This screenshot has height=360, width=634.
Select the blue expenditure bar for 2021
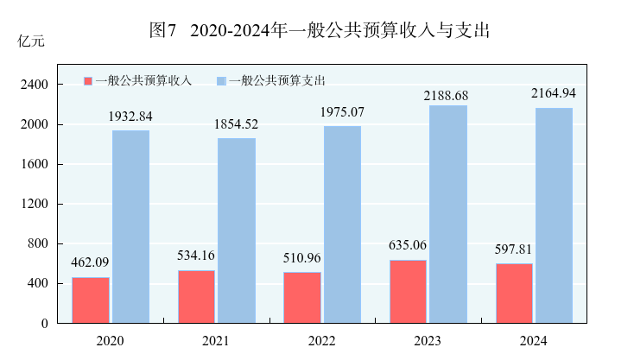click(x=236, y=230)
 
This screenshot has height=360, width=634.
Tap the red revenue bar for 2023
click(x=408, y=291)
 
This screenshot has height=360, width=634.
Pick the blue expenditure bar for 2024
click(x=554, y=215)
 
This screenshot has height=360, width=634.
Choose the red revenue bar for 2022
click(x=302, y=297)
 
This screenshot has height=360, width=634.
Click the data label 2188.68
click(x=447, y=95)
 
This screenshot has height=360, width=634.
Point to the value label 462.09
click(x=91, y=262)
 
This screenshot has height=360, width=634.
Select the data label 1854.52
click(x=236, y=124)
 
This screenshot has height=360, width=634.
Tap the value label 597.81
click(x=514, y=249)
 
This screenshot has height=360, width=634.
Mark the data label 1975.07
click(x=343, y=113)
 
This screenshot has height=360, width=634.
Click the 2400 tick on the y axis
click(x=35, y=85)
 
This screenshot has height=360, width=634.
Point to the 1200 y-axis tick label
click(x=35, y=204)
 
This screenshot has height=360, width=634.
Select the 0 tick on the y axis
click(x=45, y=323)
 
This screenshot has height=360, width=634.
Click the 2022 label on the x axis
click(x=322, y=341)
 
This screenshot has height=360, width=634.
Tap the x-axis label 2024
click(x=534, y=341)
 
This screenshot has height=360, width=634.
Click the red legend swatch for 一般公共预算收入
click(x=87, y=80)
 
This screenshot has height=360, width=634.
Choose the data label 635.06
click(x=408, y=244)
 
